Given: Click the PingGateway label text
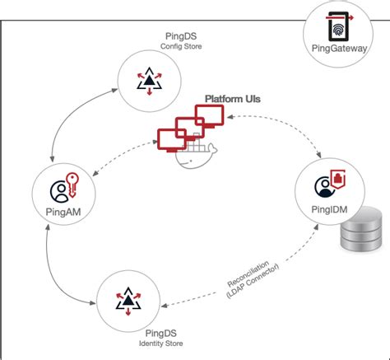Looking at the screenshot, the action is coord(339,49).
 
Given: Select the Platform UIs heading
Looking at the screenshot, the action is coord(233,99).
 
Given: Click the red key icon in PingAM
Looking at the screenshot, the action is coord(72,185).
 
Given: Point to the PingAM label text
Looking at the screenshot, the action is coord(63,212).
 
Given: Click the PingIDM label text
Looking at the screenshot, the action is coord(329,209).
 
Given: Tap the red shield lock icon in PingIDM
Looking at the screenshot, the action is coord(338,179).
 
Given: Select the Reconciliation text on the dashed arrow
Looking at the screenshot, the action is coord(248,274).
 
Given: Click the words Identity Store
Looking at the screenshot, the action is coord(161,344).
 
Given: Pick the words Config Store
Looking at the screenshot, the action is coord(181,46).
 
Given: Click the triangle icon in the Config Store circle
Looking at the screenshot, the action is coord(150,81).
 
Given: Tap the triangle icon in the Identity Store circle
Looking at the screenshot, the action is coord(128,302).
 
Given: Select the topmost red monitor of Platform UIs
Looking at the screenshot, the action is coord(210,116).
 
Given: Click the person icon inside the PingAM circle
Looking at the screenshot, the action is coord(60,192).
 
